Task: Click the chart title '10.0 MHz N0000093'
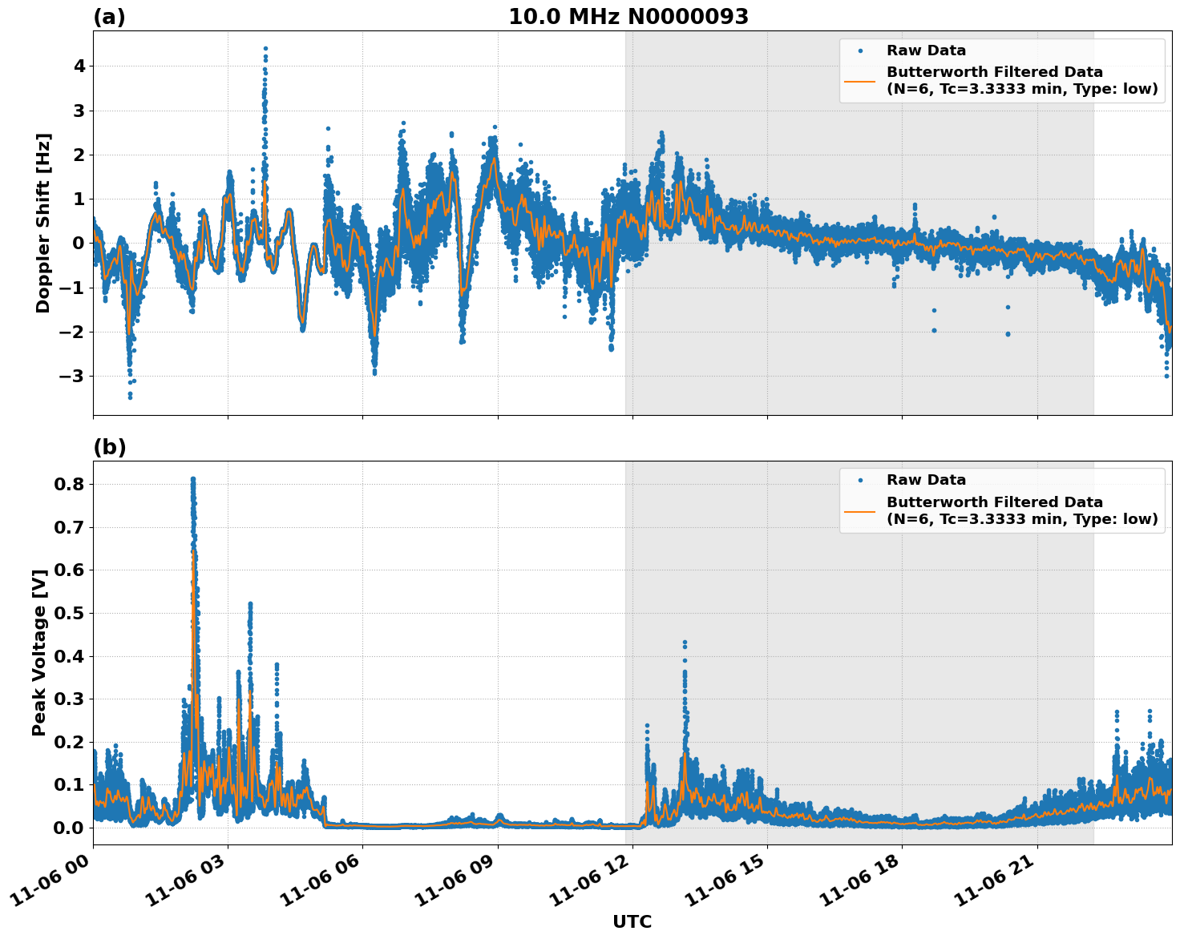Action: [x=628, y=17]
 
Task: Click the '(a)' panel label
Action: [x=109, y=17]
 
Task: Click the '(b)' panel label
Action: [x=109, y=447]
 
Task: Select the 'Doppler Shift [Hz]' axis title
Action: [x=43, y=223]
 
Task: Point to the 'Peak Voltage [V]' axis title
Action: [x=39, y=651]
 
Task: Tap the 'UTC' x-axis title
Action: [x=632, y=921]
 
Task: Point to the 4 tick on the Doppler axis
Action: [x=79, y=66]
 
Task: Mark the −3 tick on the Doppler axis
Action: [x=75, y=377]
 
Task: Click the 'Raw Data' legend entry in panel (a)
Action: [x=926, y=51]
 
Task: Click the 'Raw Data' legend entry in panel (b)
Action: [x=926, y=481]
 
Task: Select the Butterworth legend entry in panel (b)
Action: [x=1021, y=510]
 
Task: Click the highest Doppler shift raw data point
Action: [x=265, y=49]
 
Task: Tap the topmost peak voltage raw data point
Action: [x=192, y=479]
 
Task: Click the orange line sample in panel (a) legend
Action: [x=859, y=81]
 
